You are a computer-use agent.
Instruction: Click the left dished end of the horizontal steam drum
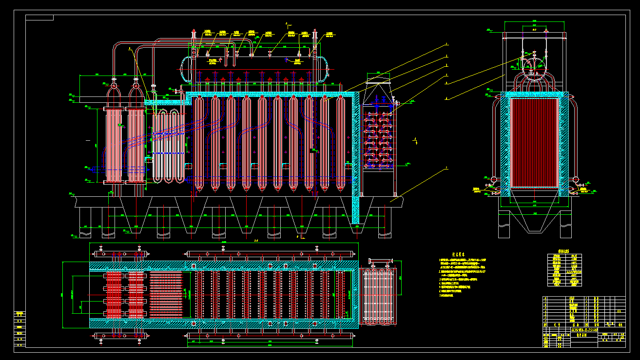point(184,69)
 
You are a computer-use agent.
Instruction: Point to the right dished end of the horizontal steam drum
point(323,69)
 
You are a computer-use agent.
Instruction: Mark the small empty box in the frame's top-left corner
point(39,18)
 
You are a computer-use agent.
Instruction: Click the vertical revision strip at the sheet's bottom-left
point(19,329)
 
